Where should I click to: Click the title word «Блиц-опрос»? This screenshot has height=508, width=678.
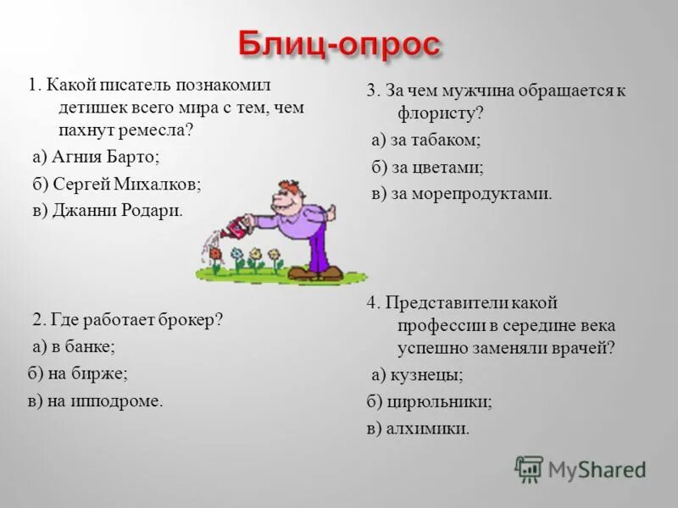pos(339,44)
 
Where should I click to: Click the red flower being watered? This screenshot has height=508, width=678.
pos(216,252)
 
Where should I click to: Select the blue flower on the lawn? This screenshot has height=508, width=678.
pos(238,255)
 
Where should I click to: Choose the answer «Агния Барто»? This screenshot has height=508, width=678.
pos(105,157)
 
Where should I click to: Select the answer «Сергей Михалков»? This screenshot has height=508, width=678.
pos(125,184)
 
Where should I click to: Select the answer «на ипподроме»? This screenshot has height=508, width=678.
pos(105,400)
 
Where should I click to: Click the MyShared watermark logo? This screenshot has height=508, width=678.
pos(581,468)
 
